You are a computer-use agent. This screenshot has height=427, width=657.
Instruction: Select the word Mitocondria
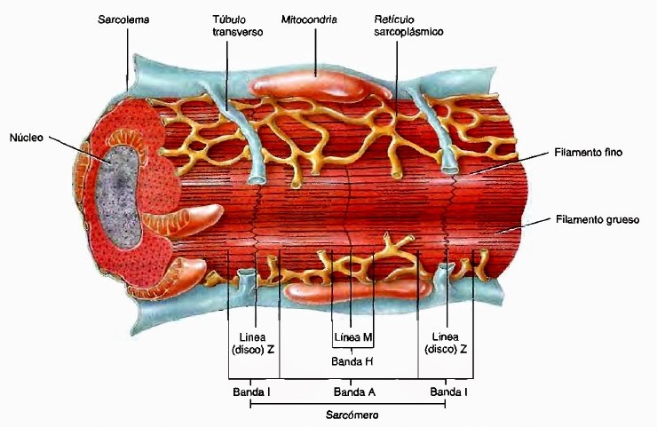coord(309,18)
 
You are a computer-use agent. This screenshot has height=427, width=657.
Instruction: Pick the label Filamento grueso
coord(597,218)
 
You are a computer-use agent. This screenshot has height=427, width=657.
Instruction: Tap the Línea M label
coord(352,337)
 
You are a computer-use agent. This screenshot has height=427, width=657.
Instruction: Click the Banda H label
coord(352,361)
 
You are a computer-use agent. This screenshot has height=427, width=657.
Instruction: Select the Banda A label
coord(352,391)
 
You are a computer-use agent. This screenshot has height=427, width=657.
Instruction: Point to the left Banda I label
coord(251,391)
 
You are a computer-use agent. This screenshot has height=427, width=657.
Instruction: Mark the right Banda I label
coord(448,391)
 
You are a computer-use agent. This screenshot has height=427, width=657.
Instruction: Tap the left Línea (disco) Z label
coord(253,344)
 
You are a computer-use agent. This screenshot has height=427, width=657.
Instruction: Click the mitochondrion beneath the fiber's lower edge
coord(355,290)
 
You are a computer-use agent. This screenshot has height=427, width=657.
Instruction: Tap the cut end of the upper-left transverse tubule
coord(256,178)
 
